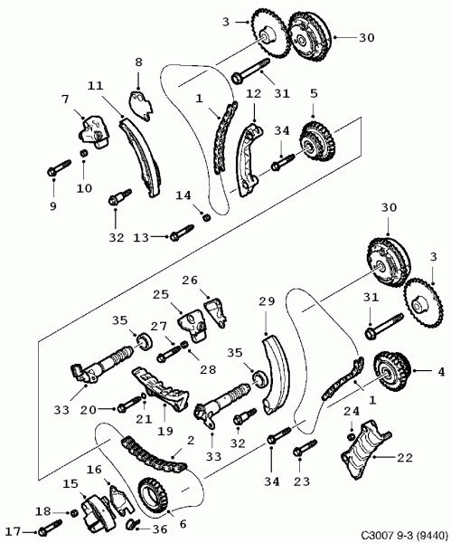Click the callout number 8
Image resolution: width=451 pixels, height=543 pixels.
[138, 62]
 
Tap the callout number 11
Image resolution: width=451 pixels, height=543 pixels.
[95, 85]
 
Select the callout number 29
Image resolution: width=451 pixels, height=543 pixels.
[267, 301]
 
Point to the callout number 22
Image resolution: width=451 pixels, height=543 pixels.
[405, 458]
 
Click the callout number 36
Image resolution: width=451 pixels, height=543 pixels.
[159, 529]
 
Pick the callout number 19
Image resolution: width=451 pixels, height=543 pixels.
[165, 431]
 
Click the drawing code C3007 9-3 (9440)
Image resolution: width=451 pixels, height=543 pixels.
[405, 537]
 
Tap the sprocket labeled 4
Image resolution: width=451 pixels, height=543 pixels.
[391, 370]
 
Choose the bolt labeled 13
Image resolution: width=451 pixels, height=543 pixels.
[182, 233]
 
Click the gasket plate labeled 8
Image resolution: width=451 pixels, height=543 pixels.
[141, 105]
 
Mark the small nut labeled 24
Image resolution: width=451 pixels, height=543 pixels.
[351, 436]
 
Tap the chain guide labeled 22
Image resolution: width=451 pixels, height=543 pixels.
[366, 449]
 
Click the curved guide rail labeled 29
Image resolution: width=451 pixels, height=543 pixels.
[277, 374]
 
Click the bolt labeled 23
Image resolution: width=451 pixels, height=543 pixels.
[305, 447]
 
